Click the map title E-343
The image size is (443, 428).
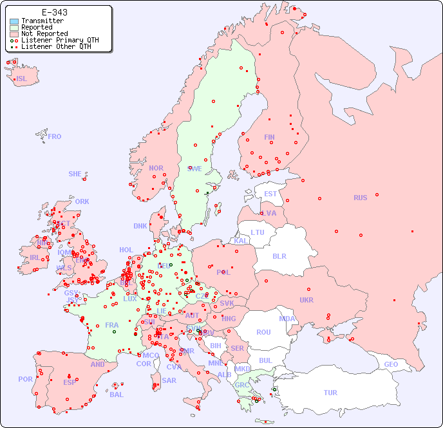[x=55, y=12]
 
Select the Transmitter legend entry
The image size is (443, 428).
[x=42, y=21]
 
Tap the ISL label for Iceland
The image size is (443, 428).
[x=22, y=79]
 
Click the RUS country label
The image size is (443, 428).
[x=360, y=198]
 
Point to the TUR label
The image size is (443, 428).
[x=330, y=393]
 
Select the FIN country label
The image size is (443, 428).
[x=269, y=137]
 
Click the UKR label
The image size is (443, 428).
[x=306, y=300]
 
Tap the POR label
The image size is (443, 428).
[x=25, y=379]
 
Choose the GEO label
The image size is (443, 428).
[x=390, y=364]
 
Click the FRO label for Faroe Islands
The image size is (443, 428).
[x=55, y=136]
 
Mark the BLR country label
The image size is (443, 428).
[x=279, y=256]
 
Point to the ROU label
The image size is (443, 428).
[x=263, y=332]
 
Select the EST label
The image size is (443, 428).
[x=270, y=194]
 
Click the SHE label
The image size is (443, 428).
[x=75, y=174]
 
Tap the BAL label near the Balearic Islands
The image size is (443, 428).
[x=116, y=395]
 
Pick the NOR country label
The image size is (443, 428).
[x=156, y=168]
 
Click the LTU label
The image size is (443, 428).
[x=258, y=232]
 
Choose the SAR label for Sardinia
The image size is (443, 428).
[x=169, y=380]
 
